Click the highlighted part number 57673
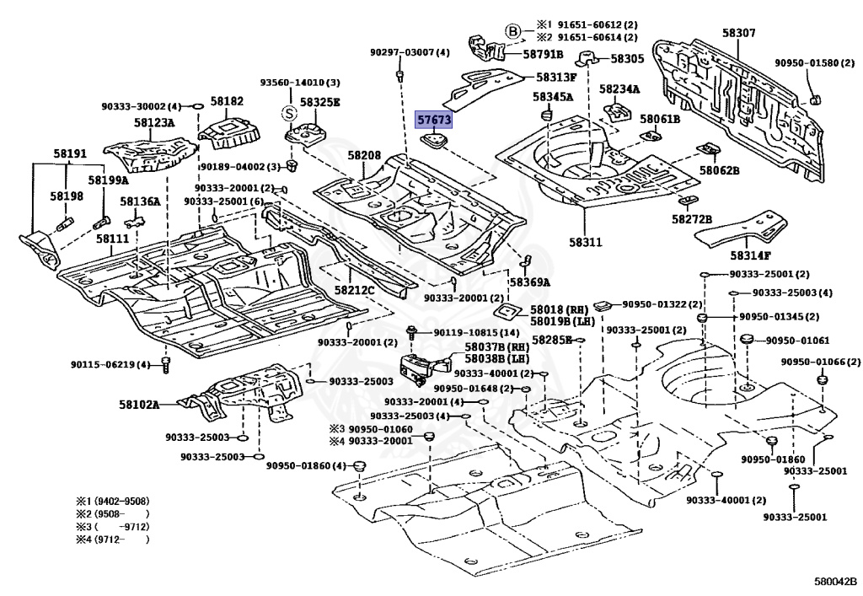(x=434, y=121)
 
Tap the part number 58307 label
(x=738, y=34)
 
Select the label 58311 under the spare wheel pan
(x=585, y=243)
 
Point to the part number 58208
(x=364, y=156)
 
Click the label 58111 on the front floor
(x=112, y=239)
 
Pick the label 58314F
(x=751, y=255)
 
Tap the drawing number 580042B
(x=834, y=582)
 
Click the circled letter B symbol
(x=513, y=32)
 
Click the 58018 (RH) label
(x=560, y=310)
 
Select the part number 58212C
(x=354, y=290)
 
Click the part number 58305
(x=627, y=59)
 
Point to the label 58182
(x=227, y=101)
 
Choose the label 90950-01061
(x=798, y=341)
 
